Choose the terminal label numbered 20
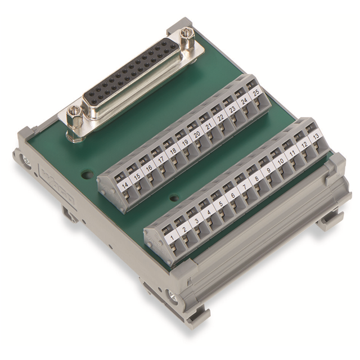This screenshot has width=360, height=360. tap(196, 135)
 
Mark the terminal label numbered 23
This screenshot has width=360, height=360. tap(231, 112)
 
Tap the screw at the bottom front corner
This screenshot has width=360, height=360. tap(172, 297)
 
